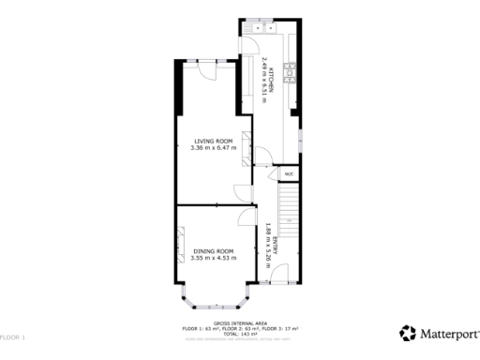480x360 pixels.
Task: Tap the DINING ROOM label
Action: click(213, 251)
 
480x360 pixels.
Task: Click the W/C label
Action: click(289, 173)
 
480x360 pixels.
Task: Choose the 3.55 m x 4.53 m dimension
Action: click(213, 258)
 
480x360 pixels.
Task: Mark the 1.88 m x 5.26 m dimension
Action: click(267, 246)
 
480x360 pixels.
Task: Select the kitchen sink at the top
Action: click(256, 27)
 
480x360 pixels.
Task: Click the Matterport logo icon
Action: click(408, 333)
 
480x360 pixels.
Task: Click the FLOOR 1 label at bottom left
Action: click(11, 336)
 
